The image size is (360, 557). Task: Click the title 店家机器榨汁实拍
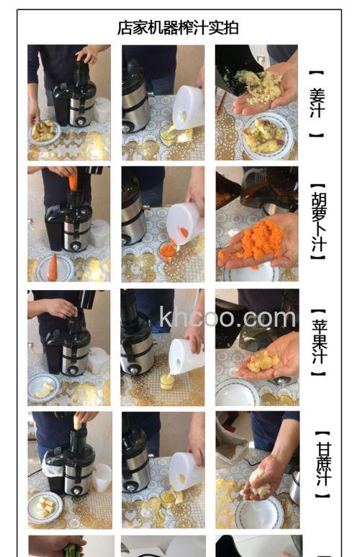(x=178, y=27)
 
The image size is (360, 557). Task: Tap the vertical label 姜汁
(x=317, y=103)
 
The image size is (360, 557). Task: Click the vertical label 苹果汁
(x=318, y=343)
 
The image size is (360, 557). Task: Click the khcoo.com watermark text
(x=228, y=317)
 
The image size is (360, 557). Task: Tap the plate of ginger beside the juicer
(x=44, y=130)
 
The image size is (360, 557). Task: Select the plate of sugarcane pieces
(x=45, y=506)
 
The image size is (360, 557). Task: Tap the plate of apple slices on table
(x=43, y=389)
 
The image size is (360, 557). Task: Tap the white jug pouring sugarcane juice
(x=186, y=469)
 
